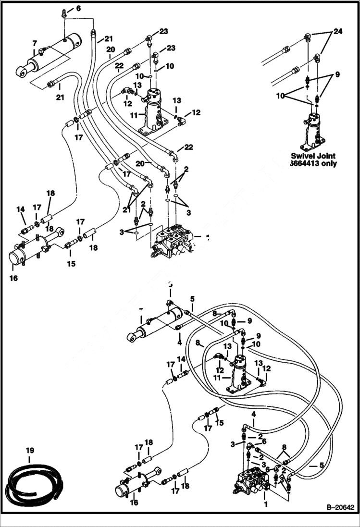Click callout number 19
tap(30, 451)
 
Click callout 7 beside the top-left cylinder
tap(34, 44)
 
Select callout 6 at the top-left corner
tap(78, 9)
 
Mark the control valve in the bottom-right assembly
tap(252, 481)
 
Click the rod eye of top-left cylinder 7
tap(21, 72)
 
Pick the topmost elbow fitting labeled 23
tap(150, 37)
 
